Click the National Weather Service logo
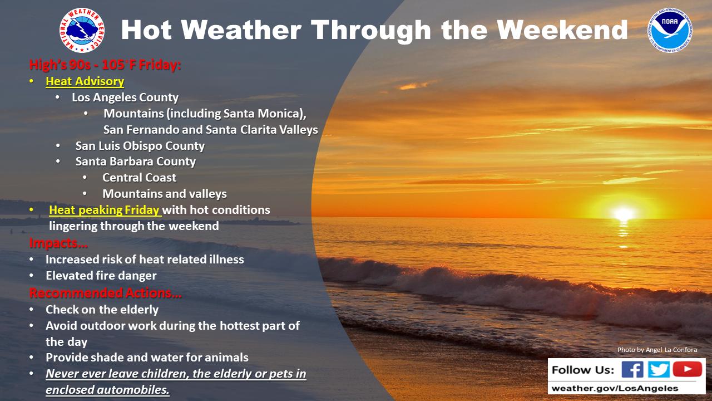pos(82,31)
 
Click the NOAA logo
pos(670,30)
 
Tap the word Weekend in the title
pos(562,30)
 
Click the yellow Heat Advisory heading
pos(85,81)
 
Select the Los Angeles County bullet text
pos(125,97)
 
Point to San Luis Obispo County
pos(140,146)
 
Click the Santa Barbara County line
pos(135,162)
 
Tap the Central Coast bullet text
pos(139,178)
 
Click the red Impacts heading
pos(58,243)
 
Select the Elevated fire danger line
pos(101,276)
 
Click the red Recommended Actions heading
pos(105,293)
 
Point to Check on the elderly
pos(102,309)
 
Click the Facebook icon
pos(632,369)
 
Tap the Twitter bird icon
pos(659,369)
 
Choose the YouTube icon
pos(687,369)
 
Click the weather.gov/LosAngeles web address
pos(615,388)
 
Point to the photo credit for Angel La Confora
pos(657,350)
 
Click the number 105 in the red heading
pos(113,65)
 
